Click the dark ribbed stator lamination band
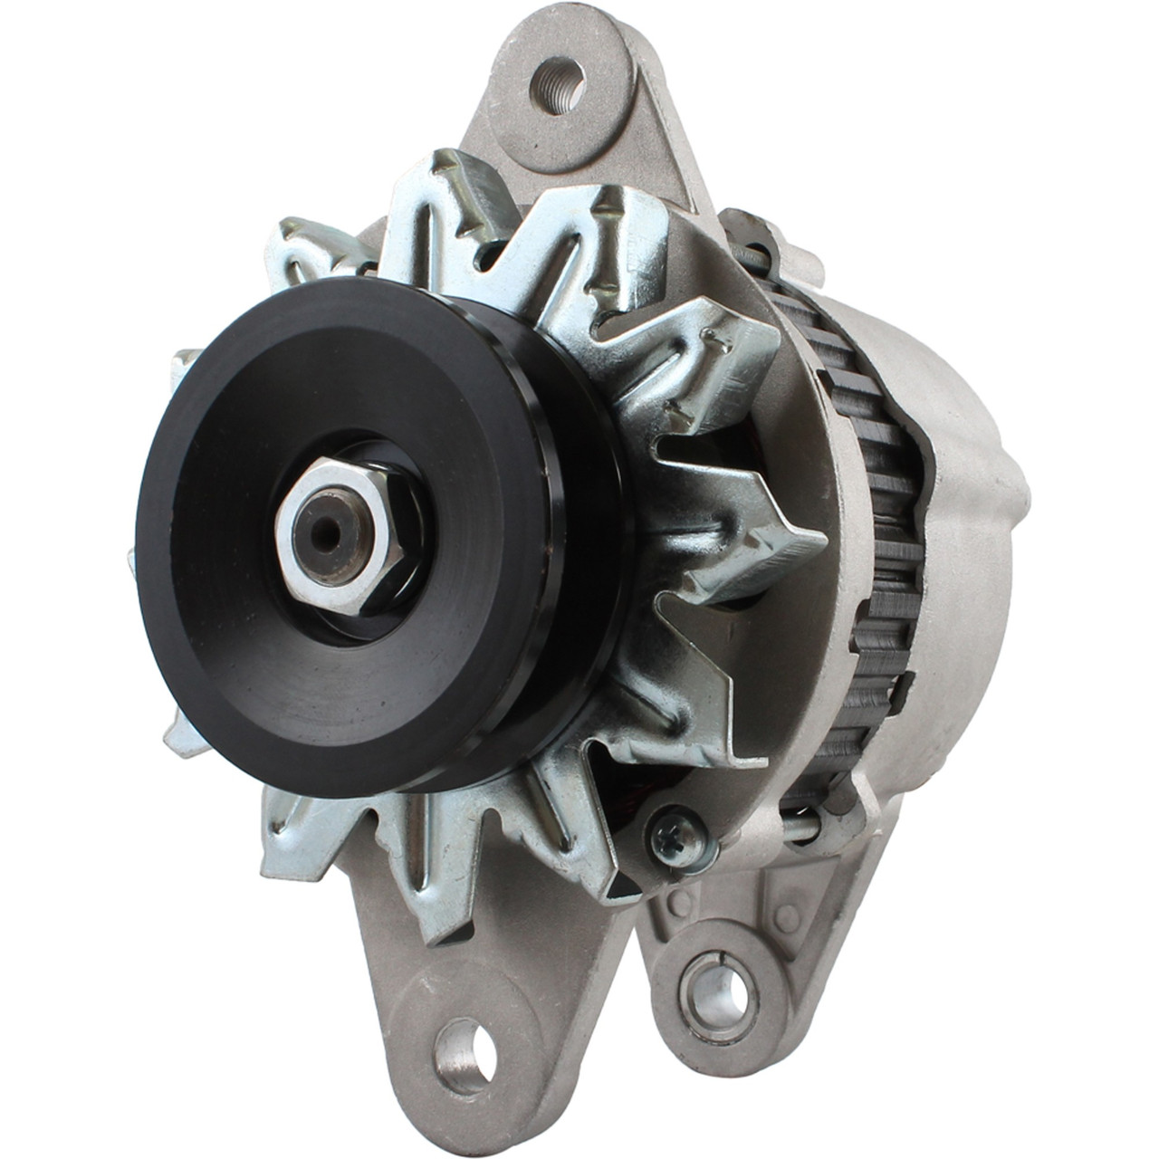[x=883, y=543]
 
